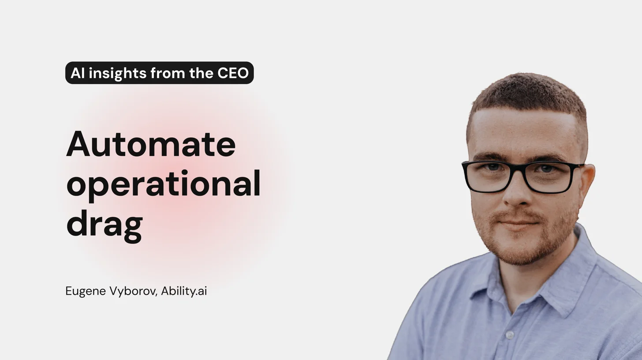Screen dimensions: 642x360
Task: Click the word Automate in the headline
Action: (151, 144)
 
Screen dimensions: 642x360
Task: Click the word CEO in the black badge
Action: (233, 73)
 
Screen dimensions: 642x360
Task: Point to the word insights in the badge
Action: (117, 73)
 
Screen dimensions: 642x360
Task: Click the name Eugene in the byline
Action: (86, 292)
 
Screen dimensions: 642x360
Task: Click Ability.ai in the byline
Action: (184, 291)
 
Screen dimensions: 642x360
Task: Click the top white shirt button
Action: (509, 335)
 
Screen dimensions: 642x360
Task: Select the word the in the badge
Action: (201, 73)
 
